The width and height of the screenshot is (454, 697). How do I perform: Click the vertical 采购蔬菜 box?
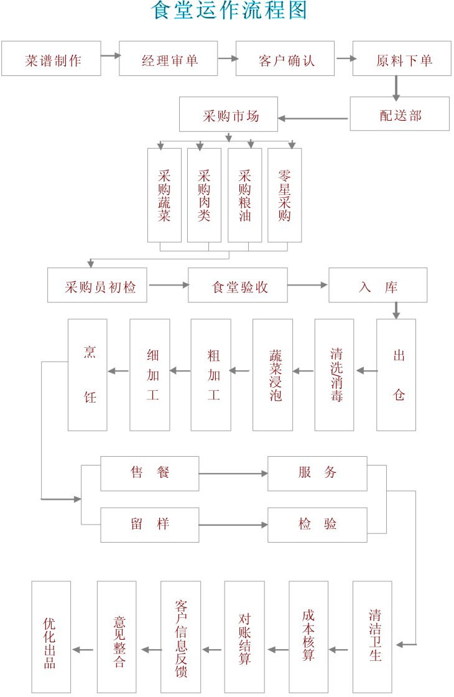click(x=164, y=195)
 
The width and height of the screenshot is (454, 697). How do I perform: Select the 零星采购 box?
click(x=284, y=195)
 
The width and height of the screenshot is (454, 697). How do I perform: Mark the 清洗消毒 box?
click(x=334, y=375)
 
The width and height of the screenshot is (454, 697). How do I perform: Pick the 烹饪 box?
click(x=88, y=375)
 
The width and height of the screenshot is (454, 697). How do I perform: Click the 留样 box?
click(x=150, y=525)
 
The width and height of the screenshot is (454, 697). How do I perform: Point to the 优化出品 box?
click(x=51, y=637)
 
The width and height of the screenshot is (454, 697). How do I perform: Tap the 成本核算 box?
click(x=308, y=637)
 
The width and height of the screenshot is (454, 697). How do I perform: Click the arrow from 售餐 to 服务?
click(x=233, y=474)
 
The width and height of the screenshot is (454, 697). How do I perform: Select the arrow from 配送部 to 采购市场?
click(x=313, y=118)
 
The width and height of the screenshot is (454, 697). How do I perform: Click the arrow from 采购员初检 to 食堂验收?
click(x=168, y=285)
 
